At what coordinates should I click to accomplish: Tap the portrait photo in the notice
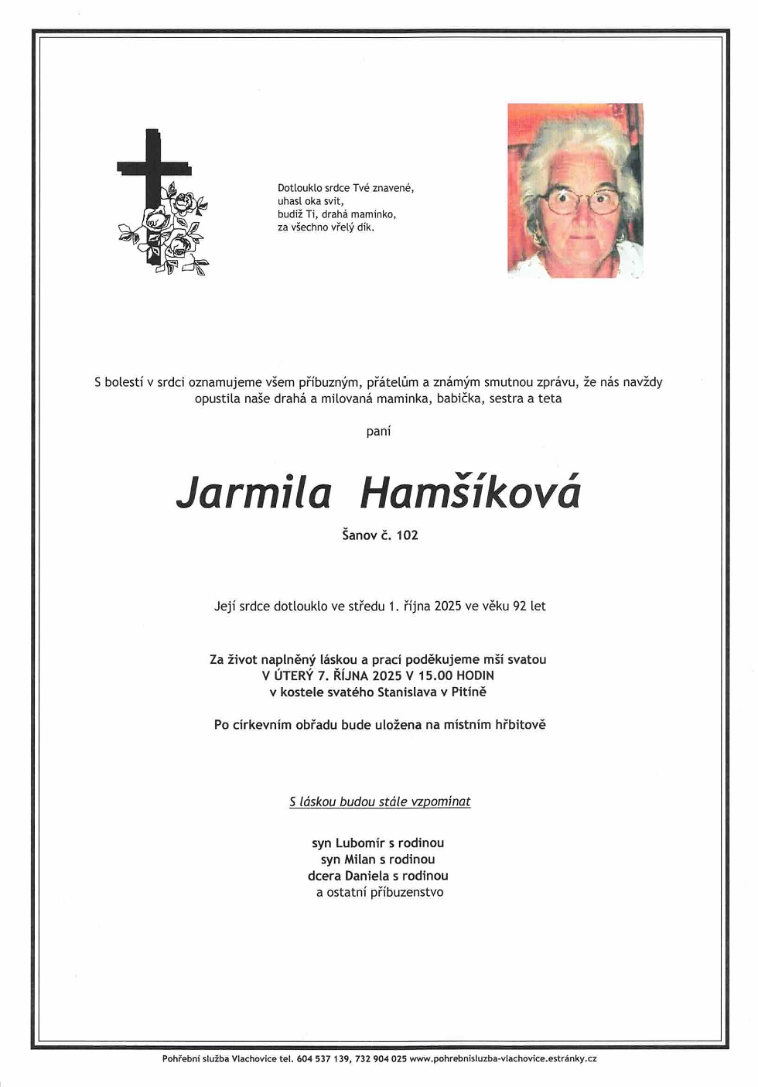point(575,190)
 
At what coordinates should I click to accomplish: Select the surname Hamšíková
point(469,494)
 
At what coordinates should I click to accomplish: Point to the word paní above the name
point(378,431)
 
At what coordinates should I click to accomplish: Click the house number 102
point(407,535)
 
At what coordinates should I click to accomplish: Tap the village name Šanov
point(359,535)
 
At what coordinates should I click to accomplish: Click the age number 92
point(520,606)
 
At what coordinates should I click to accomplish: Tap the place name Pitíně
point(469,692)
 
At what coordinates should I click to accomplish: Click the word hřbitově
point(521,724)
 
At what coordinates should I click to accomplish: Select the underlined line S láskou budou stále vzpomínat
point(380,802)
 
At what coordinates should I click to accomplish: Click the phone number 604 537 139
point(323,1058)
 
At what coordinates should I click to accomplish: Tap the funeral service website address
point(503,1058)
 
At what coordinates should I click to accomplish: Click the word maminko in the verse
point(373,214)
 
